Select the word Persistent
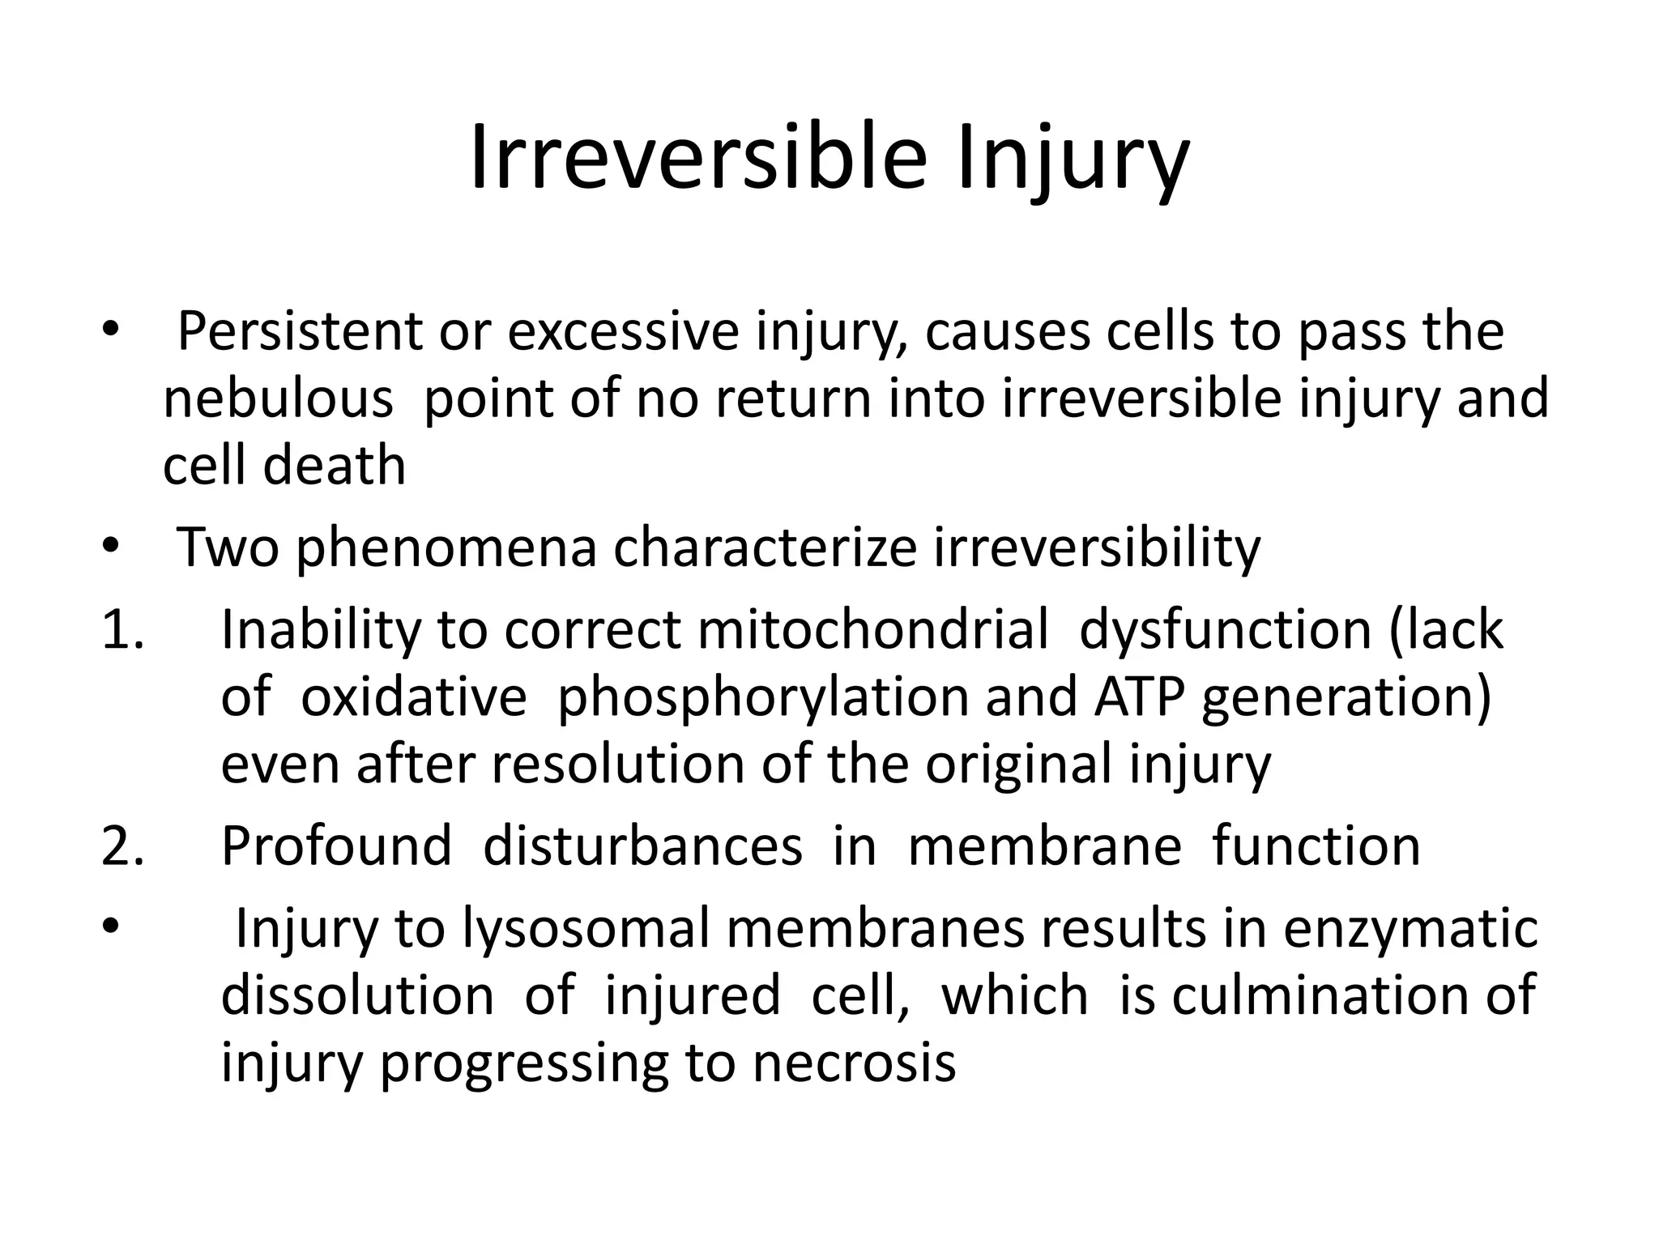pyautogui.click(x=300, y=331)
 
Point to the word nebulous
pyautogui.click(x=278, y=398)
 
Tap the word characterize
pyautogui.click(x=765, y=547)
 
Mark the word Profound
pyautogui.click(x=336, y=846)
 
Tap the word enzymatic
pyautogui.click(x=1410, y=930)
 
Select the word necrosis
pyautogui.click(x=855, y=1063)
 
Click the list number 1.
pyautogui.click(x=122, y=630)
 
